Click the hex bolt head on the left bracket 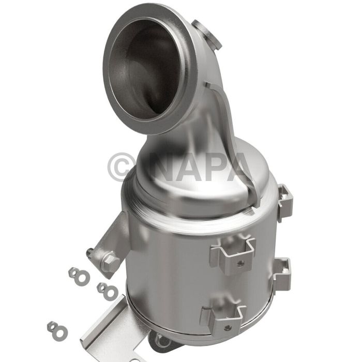[x=109, y=263]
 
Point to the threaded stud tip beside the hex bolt [x=90, y=252]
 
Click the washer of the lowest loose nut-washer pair [x=52, y=327]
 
